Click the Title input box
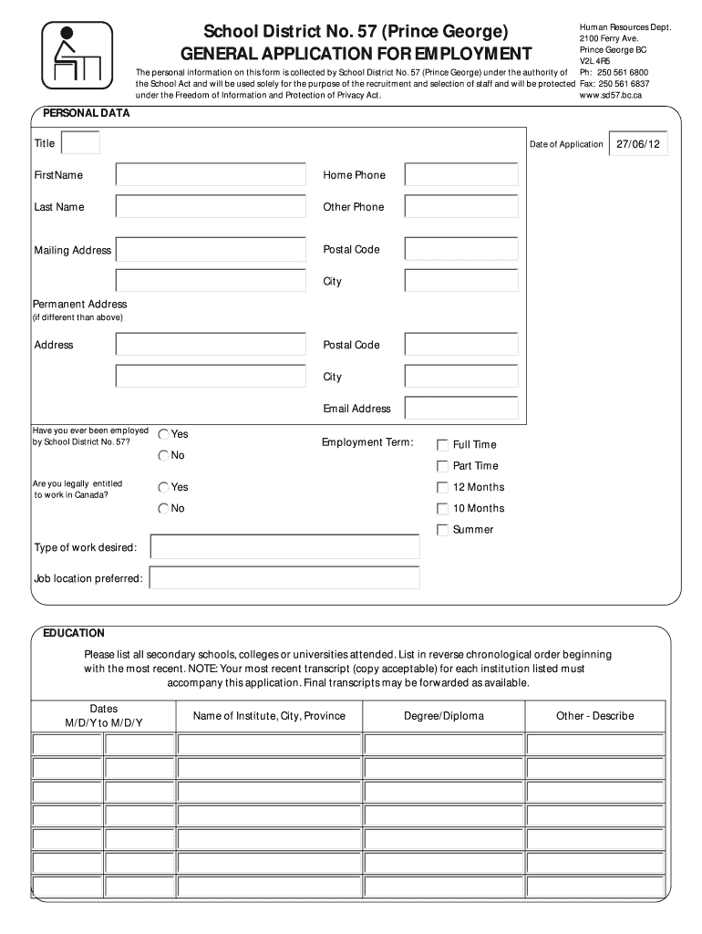tap(80, 143)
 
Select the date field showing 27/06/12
tap(638, 144)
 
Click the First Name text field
tap(211, 175)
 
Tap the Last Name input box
tap(211, 207)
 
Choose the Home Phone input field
tap(461, 175)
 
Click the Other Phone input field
tap(461, 207)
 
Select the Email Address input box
tap(461, 409)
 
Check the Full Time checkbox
tap(443, 445)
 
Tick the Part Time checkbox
tap(443, 466)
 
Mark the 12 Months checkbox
tap(443, 487)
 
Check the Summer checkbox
tap(443, 530)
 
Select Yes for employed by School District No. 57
tap(164, 435)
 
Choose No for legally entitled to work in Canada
tap(164, 509)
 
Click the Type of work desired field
tap(284, 547)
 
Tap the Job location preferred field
tap(284, 578)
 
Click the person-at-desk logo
tap(77, 57)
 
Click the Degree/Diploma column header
tap(444, 716)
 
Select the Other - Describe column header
tap(594, 716)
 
